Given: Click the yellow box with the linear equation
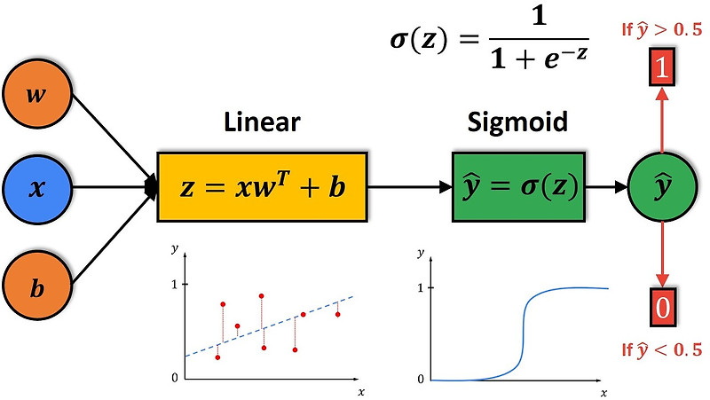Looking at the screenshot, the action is point(262,188).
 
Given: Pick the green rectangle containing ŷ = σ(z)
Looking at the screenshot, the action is point(517,188).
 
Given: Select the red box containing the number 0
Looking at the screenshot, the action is point(661,309).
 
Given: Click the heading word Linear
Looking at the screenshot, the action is point(262,122).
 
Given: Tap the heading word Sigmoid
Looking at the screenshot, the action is point(517,122).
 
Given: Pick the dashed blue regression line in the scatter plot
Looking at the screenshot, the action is point(266,326).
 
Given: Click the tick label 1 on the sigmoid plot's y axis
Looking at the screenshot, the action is point(420,288).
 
